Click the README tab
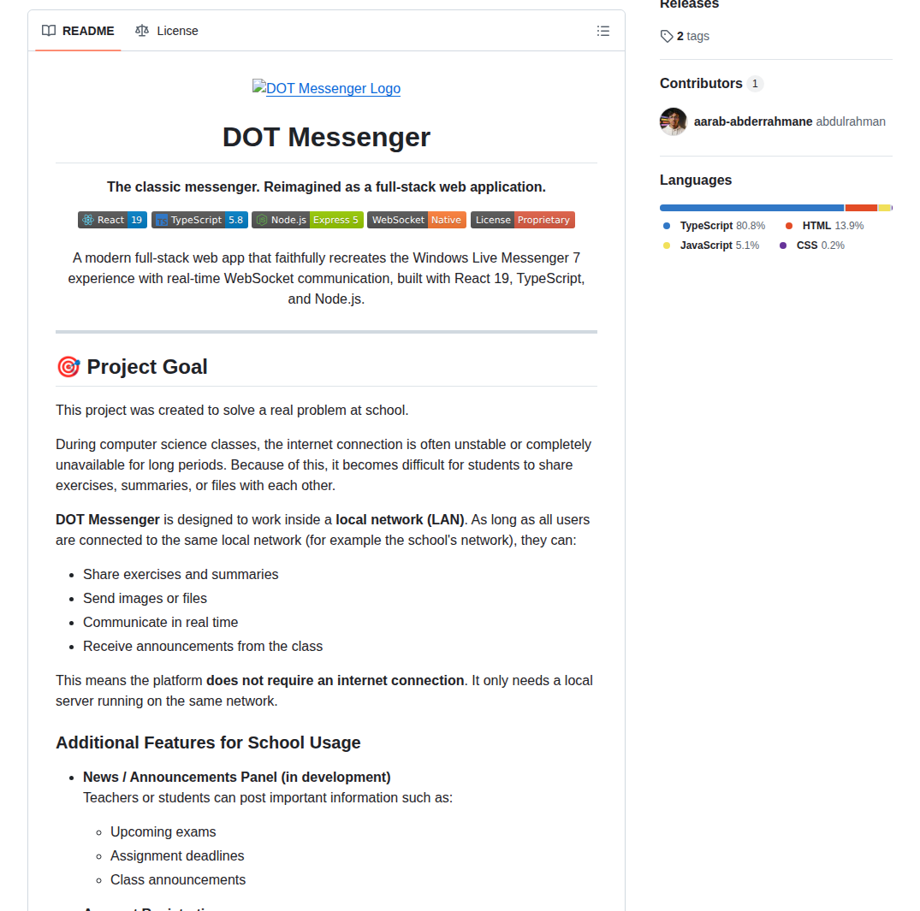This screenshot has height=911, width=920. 78,31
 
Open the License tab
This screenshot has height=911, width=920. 167,31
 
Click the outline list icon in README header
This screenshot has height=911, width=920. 603,31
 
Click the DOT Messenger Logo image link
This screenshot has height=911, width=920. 326,88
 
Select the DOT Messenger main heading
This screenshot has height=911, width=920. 326,137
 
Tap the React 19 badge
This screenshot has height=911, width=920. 112,220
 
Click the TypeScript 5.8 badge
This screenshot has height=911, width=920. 199,220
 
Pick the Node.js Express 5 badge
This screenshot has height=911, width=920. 307,220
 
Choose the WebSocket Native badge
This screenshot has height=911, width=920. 417,220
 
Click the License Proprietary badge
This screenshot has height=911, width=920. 523,220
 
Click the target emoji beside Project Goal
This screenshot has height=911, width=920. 68,367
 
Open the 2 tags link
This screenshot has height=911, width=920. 685,36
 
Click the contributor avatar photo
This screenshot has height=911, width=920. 674,121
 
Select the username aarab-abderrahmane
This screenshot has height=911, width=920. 753,121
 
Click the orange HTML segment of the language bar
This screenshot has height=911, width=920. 861,208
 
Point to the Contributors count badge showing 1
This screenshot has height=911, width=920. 755,84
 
